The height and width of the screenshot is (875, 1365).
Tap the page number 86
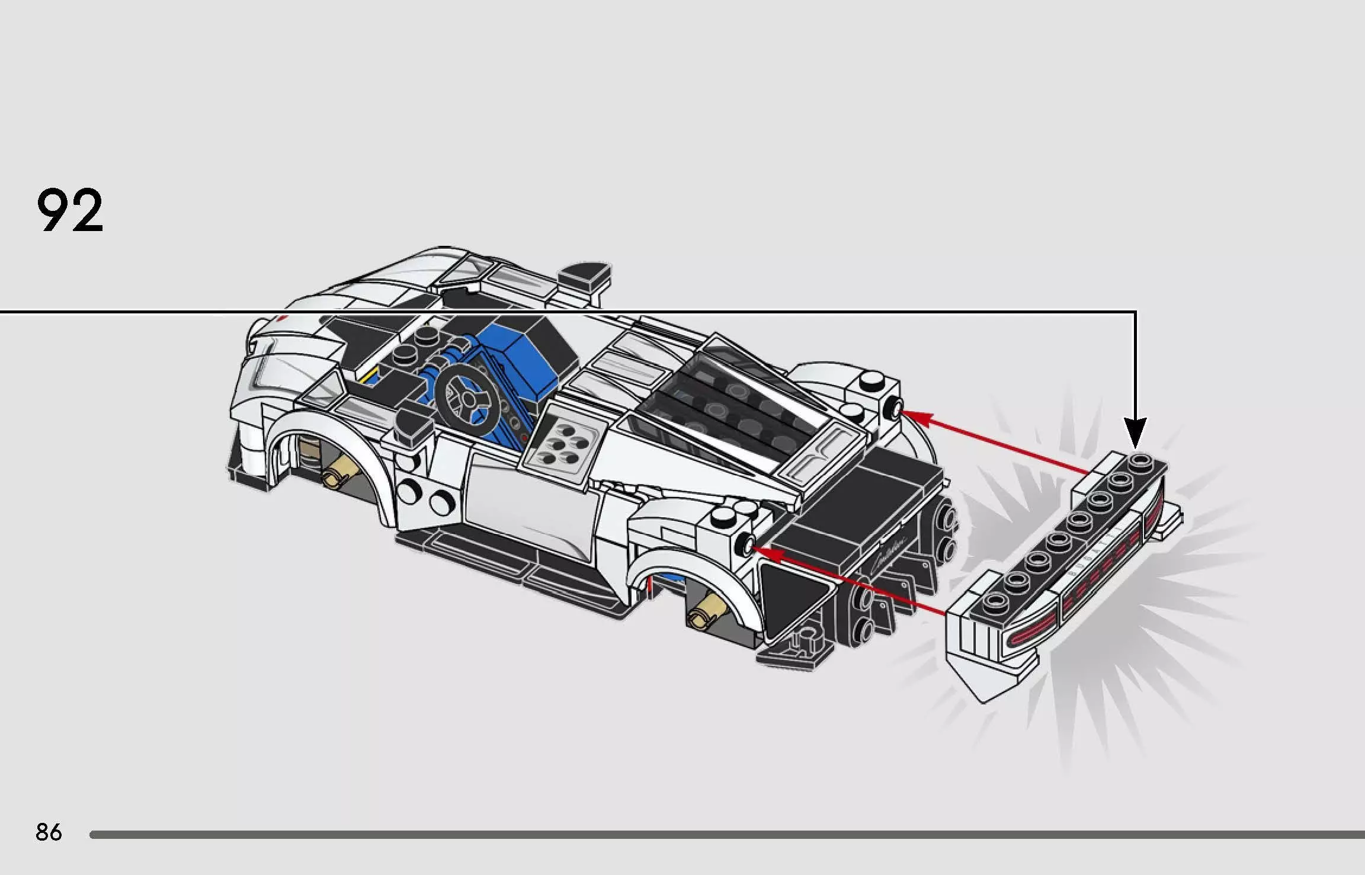[49, 832]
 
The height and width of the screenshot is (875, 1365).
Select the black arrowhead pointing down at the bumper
[1136, 432]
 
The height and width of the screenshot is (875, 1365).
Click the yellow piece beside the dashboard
[371, 376]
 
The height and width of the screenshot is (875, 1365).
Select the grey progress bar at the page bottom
[727, 835]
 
